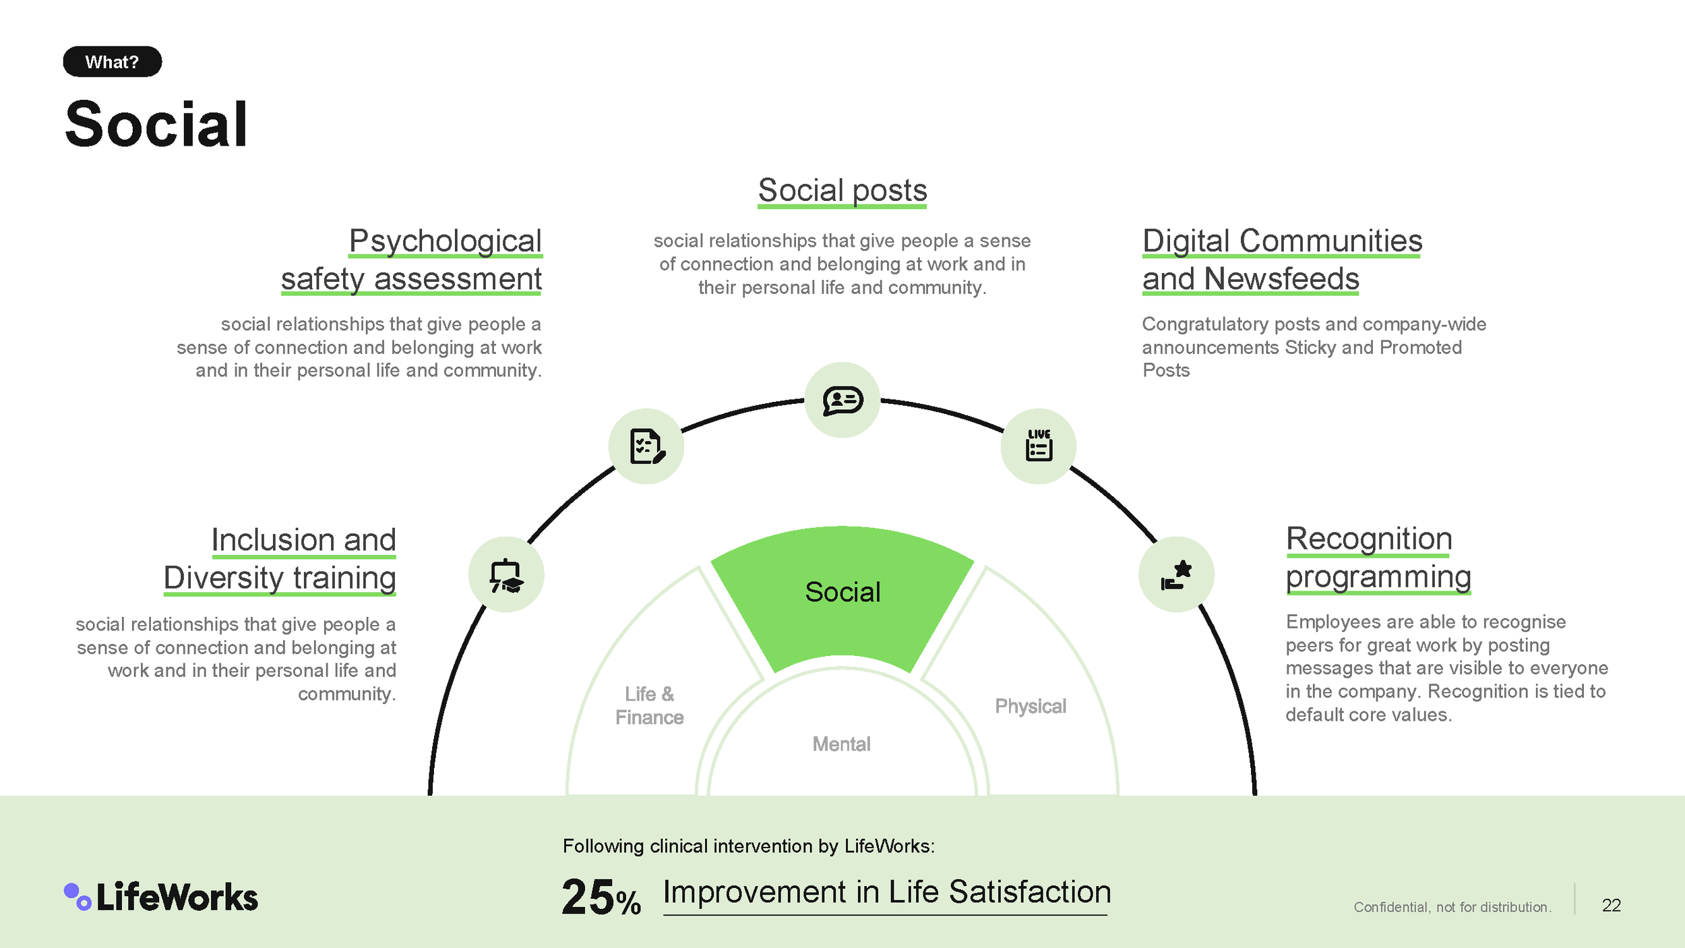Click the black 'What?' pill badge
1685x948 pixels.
pyautogui.click(x=112, y=62)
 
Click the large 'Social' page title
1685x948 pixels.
pyautogui.click(x=156, y=125)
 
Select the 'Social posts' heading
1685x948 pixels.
pyautogui.click(x=842, y=190)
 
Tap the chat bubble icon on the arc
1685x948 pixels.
pyautogui.click(x=842, y=401)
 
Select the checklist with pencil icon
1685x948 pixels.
pyautogui.click(x=646, y=446)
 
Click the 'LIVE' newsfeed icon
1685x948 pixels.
pyautogui.click(x=1038, y=446)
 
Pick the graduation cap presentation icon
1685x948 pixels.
pyautogui.click(x=506, y=575)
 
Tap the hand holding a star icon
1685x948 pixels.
pyautogui.click(x=1176, y=575)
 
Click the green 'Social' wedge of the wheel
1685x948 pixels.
pyautogui.click(x=842, y=593)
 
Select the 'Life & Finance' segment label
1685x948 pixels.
pyautogui.click(x=649, y=705)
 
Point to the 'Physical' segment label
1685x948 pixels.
pyautogui.click(x=1030, y=706)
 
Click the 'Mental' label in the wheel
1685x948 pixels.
pyautogui.click(x=841, y=744)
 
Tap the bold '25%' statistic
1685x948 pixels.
pyautogui.click(x=601, y=897)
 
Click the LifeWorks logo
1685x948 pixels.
pyautogui.click(x=161, y=897)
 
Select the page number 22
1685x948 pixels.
pyautogui.click(x=1611, y=905)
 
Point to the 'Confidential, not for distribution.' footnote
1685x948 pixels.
pyautogui.click(x=1452, y=907)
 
